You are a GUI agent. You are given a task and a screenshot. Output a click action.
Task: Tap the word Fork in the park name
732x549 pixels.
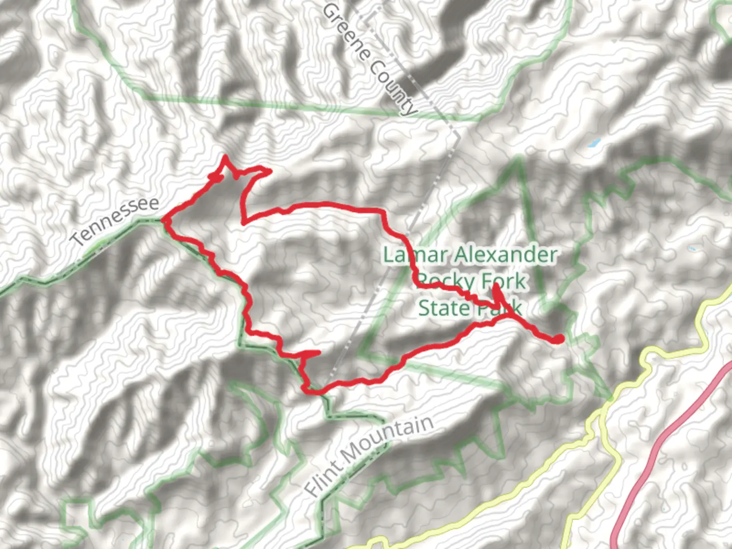tap(503, 281)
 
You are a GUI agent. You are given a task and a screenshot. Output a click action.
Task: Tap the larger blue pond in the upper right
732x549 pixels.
tap(594, 143)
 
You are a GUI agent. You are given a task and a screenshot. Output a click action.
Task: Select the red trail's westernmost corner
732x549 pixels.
tap(163, 220)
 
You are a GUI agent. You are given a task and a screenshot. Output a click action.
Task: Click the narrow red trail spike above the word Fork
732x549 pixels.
tap(496, 288)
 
